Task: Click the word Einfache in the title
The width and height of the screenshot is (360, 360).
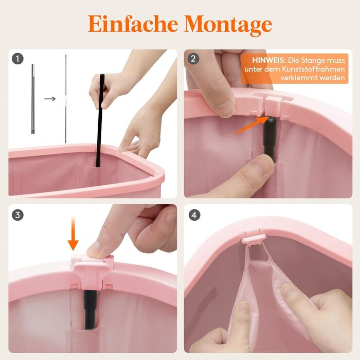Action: point(133,24)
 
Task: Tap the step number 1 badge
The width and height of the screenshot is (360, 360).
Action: point(17,59)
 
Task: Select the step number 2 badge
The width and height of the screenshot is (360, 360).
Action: point(193,59)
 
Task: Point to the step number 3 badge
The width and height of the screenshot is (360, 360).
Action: point(17,215)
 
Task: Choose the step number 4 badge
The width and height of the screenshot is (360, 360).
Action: point(194,215)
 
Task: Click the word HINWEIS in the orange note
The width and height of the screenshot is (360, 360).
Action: point(268,60)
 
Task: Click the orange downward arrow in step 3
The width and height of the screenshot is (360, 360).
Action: point(73,233)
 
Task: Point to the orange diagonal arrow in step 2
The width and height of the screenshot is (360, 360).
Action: point(251,125)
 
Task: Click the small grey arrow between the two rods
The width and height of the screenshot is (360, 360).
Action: point(50,99)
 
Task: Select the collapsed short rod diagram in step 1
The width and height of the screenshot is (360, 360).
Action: point(33,99)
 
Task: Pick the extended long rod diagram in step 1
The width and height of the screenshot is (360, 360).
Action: point(66,99)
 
